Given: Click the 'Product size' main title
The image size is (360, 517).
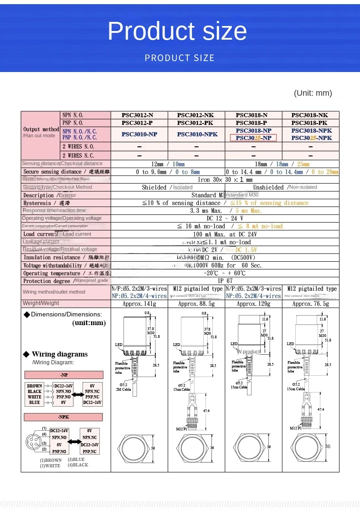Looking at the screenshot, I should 177,31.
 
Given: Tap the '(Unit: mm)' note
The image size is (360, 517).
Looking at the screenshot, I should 313,93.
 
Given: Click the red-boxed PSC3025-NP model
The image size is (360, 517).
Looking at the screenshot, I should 253,138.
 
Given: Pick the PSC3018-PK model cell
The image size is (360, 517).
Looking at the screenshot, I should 310,123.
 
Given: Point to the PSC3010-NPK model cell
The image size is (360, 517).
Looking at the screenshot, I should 197,134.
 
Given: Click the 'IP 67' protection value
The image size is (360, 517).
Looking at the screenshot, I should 226,281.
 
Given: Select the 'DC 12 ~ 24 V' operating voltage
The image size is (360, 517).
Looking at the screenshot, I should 226,218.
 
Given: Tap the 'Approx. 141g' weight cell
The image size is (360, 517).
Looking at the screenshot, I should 139,304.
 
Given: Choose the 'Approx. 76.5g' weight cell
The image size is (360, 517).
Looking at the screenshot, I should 310,304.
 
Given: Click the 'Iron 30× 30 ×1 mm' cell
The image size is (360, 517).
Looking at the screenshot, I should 225,180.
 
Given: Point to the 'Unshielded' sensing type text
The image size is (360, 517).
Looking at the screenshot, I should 268,187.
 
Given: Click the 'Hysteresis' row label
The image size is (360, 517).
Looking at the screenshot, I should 37,203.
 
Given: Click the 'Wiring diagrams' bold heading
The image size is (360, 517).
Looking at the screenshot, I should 60,354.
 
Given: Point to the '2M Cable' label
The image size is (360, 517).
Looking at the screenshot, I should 123,389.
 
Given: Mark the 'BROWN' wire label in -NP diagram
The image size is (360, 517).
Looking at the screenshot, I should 35,386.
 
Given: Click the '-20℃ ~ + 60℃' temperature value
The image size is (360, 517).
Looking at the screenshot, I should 226,273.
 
